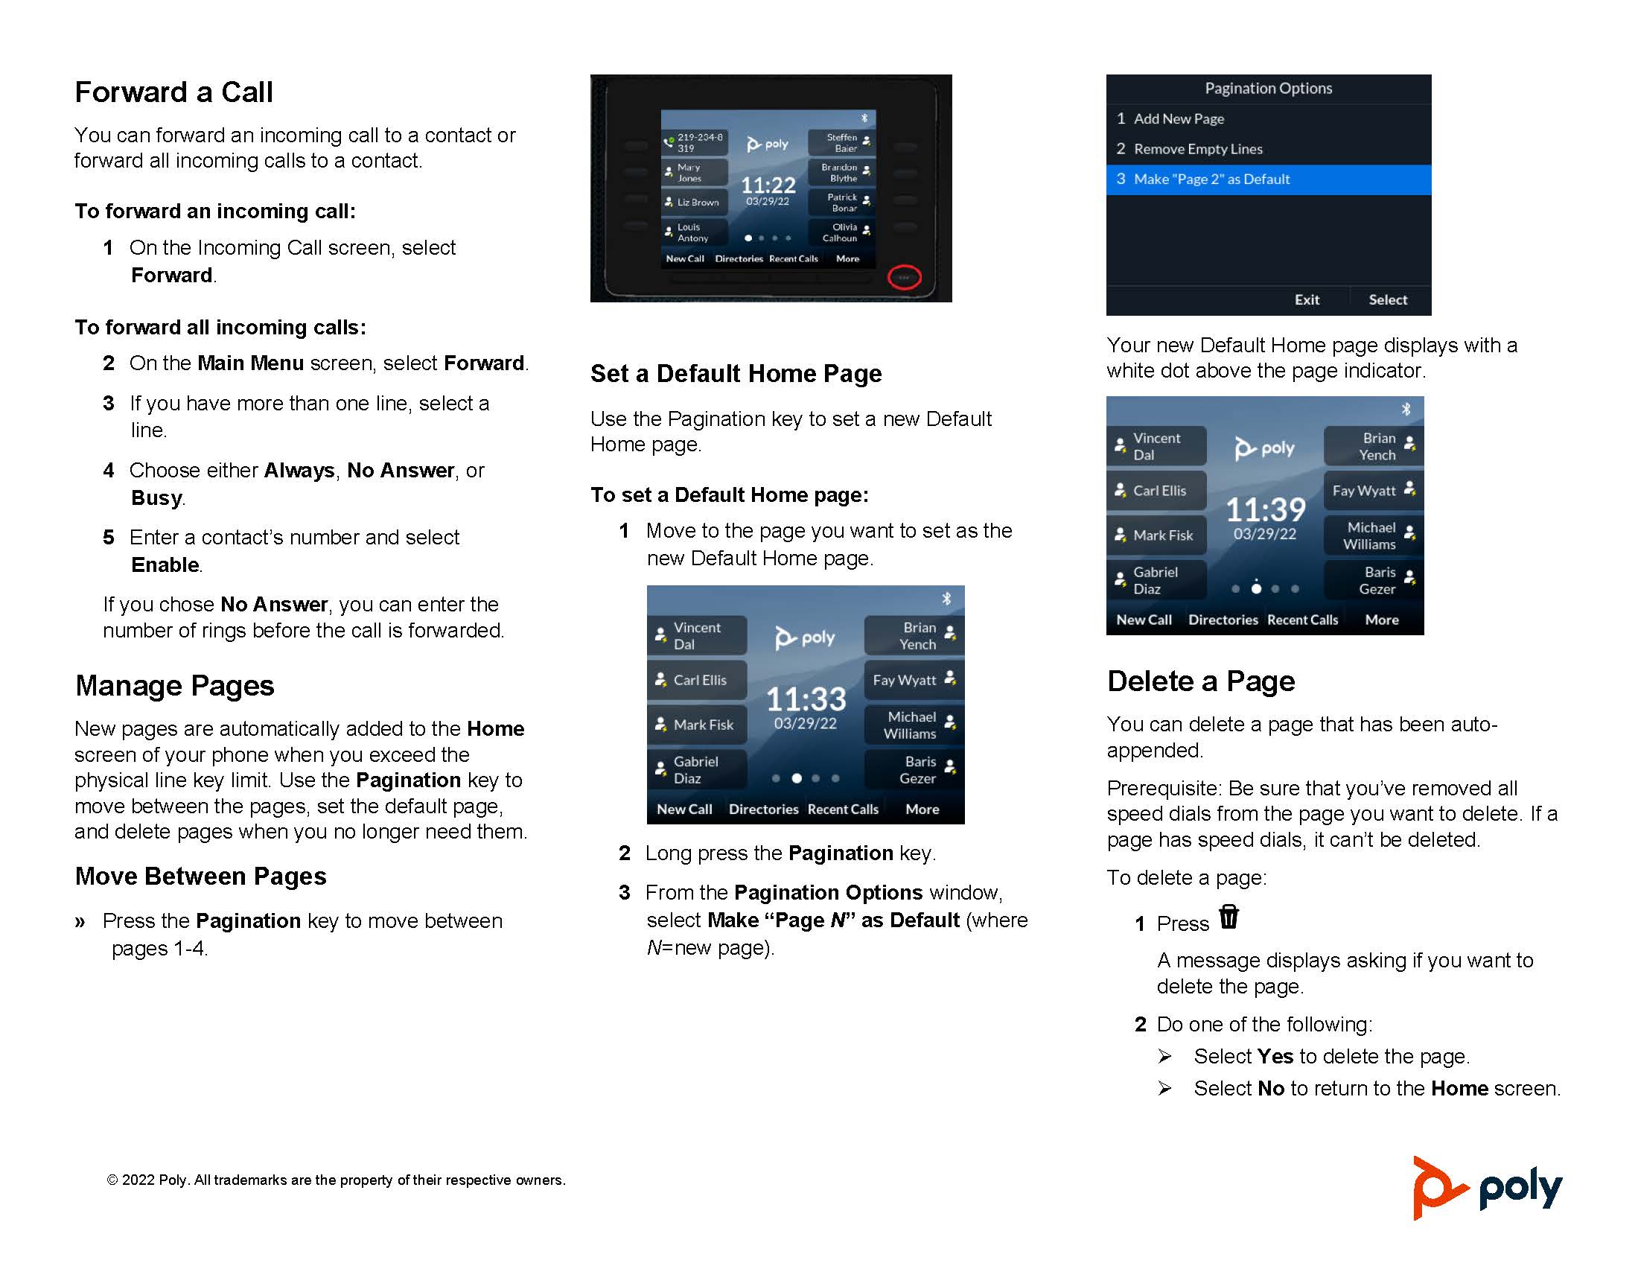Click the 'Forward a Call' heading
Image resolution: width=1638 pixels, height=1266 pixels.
pos(173,92)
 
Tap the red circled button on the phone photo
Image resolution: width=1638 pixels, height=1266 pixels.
pos(904,278)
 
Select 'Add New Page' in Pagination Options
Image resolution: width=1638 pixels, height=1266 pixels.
pos(1179,118)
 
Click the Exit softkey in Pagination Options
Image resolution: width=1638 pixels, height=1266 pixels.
pos(1306,299)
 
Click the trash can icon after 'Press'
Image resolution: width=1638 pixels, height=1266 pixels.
pos(1228,917)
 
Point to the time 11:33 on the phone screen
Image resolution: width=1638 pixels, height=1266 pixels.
pos(806,699)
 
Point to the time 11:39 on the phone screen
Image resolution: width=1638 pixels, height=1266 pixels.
pos(1265,510)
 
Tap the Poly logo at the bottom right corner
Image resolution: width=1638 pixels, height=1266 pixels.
pos(1487,1188)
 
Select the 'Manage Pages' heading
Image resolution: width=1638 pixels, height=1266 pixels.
pos(175,685)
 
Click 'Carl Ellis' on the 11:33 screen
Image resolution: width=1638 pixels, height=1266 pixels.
pos(698,680)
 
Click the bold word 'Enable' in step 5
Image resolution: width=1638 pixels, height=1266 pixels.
pos(165,564)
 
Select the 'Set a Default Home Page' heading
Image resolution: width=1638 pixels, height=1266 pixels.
pos(736,374)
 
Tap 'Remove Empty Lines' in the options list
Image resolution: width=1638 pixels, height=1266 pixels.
pos(1198,149)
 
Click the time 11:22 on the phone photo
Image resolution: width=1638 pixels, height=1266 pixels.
pos(768,185)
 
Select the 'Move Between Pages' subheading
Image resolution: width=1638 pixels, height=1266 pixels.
pos(200,876)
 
